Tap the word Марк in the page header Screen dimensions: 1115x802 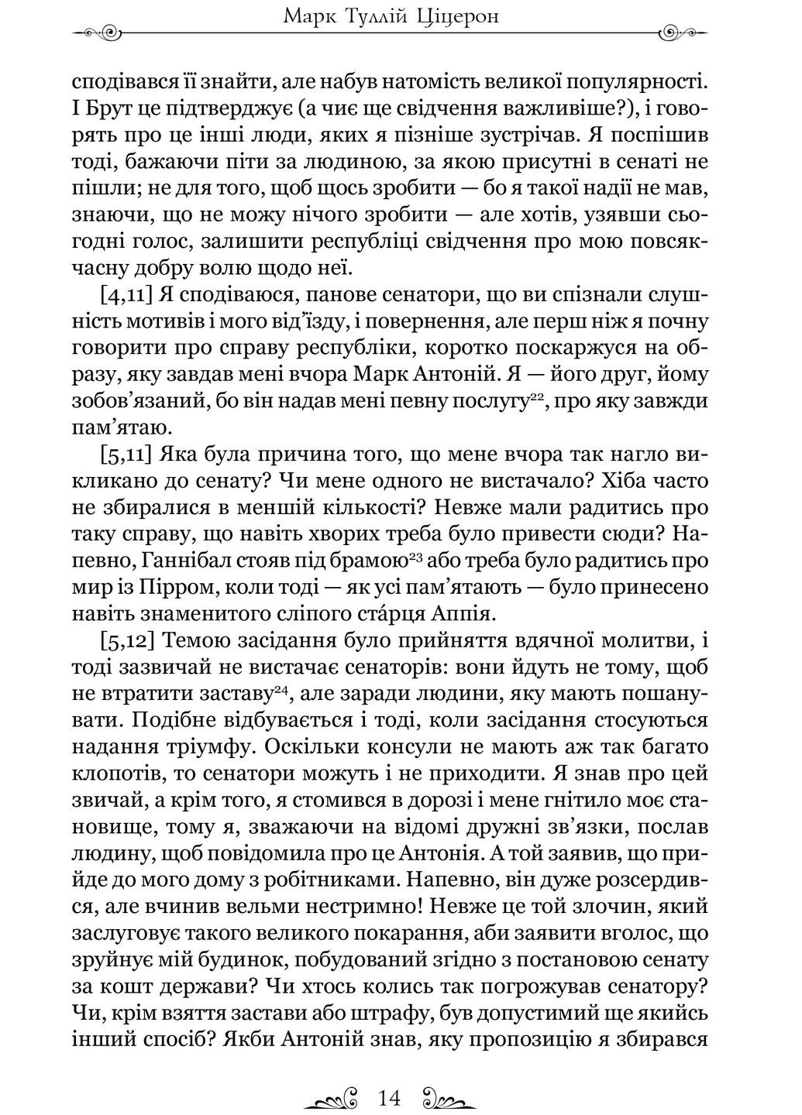click(x=309, y=15)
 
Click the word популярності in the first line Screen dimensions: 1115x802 click(x=638, y=81)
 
